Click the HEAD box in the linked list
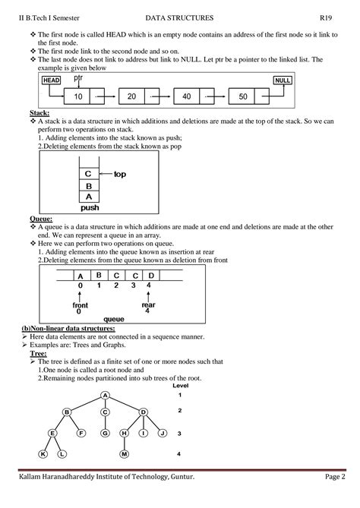[x=52, y=80]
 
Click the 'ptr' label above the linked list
[x=78, y=77]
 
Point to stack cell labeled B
[x=88, y=184]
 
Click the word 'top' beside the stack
[x=119, y=174]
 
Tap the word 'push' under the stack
[x=90, y=207]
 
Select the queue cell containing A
[x=79, y=276]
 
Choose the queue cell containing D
[x=151, y=275]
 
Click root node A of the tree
[x=106, y=395]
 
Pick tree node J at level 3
[x=161, y=433]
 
